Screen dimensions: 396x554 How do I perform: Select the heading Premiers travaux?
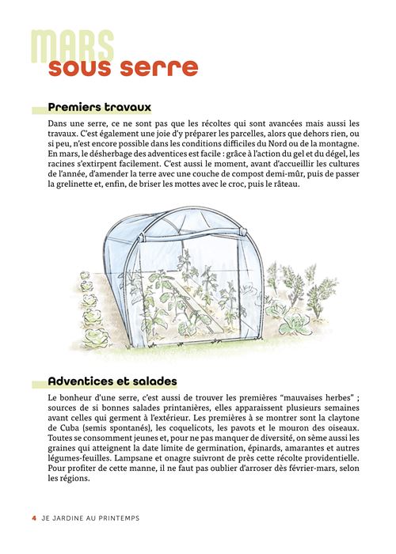point(99,107)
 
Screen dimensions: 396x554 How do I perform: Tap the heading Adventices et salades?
point(112,381)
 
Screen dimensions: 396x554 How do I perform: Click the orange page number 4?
point(34,518)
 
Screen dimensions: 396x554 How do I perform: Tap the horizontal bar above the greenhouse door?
point(195,237)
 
